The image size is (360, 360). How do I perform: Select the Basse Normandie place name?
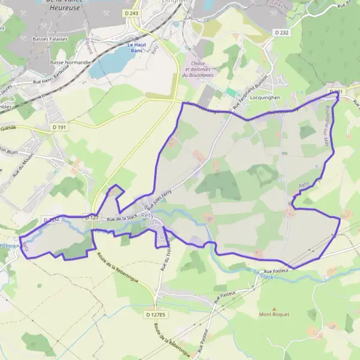[x=71, y=62]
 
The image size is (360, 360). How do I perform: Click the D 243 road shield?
[x=133, y=13]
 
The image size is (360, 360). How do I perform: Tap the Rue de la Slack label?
[x=122, y=218]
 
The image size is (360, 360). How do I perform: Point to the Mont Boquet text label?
[x=274, y=314]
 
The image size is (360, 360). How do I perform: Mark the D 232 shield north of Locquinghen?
[x=281, y=32]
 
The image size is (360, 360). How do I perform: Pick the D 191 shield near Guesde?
[x=59, y=127]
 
